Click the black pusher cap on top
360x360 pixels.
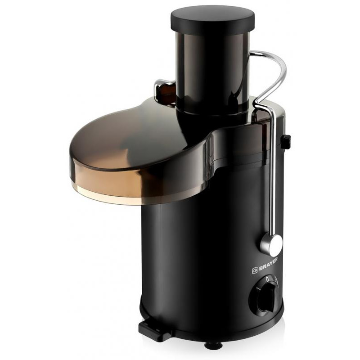pyautogui.click(x=212, y=19)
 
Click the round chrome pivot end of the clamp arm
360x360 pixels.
pyautogui.click(x=272, y=245)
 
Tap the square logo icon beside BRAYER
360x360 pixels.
pyautogui.click(x=255, y=271)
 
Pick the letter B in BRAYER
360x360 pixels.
pyautogui.click(x=261, y=269)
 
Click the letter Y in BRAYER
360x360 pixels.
pyautogui.click(x=270, y=265)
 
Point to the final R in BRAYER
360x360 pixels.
pyautogui.click(x=276, y=260)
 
